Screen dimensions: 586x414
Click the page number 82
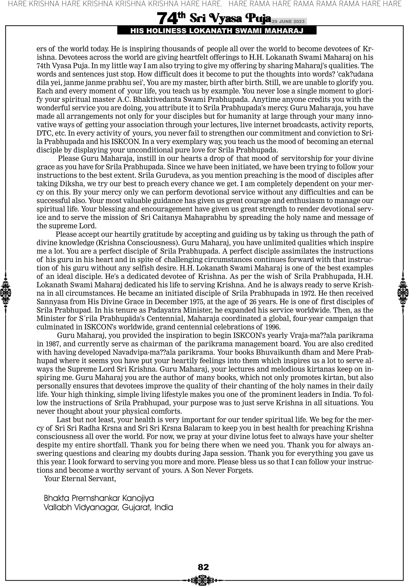(x=203, y=567)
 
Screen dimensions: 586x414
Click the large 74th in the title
(x=171, y=18)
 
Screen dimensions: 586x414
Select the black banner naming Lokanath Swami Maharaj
(x=217, y=31)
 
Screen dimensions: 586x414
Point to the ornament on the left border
(x=5, y=292)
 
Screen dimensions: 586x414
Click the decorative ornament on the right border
(x=403, y=292)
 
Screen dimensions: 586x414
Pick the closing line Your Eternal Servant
(x=80, y=479)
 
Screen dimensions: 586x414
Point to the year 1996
(x=272, y=327)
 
